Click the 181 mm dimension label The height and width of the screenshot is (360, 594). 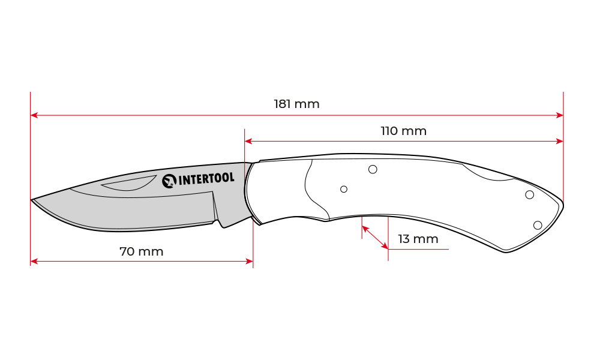296,104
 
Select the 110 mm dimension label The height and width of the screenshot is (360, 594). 403,131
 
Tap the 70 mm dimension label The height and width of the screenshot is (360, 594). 141,251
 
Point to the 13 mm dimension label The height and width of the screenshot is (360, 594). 418,239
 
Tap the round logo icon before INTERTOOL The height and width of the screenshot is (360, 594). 169,180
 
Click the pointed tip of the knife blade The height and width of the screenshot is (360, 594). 34,200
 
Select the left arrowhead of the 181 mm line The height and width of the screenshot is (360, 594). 34,115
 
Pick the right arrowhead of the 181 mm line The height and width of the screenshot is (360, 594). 560,115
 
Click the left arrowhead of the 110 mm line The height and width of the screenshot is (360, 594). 248,142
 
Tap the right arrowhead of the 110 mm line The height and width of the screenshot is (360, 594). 560,142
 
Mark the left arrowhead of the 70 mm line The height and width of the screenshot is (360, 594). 34,261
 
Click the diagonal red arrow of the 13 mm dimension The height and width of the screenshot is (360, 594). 375,237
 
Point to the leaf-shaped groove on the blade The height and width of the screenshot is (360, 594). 129,184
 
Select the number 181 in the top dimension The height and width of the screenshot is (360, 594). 283,104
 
